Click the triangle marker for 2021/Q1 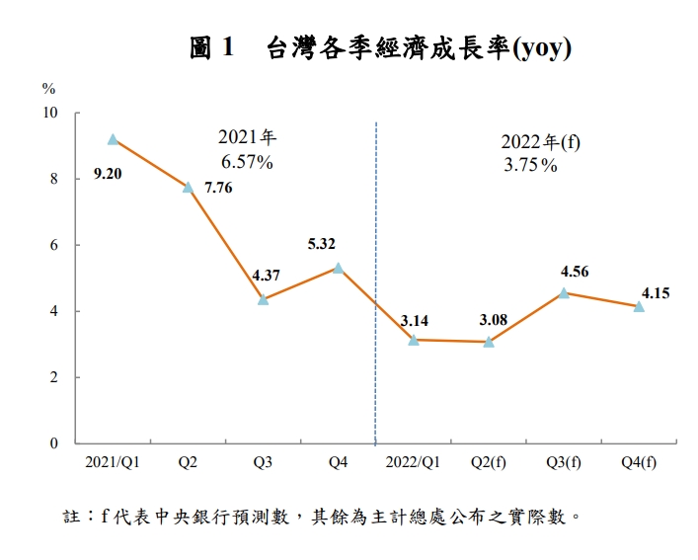click(x=114, y=139)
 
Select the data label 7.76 click(x=217, y=188)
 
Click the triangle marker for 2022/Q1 click(x=414, y=340)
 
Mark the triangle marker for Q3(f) click(x=564, y=292)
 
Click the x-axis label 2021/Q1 click(x=113, y=462)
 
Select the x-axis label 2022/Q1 click(x=414, y=462)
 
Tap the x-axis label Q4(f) click(x=639, y=462)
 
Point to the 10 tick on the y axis click(x=51, y=114)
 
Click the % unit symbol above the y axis click(x=49, y=88)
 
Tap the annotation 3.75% click(x=530, y=166)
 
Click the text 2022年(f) click(x=541, y=142)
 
